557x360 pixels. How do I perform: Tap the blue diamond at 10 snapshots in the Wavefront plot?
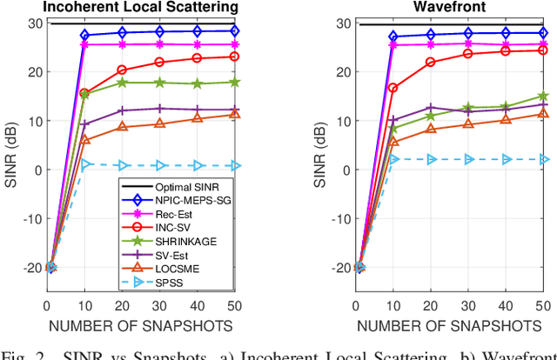coord(393,37)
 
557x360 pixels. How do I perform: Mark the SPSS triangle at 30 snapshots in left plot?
coord(159,165)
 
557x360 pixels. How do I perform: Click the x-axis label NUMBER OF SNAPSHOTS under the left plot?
coord(140,326)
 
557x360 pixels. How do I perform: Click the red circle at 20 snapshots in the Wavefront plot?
coord(430,63)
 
